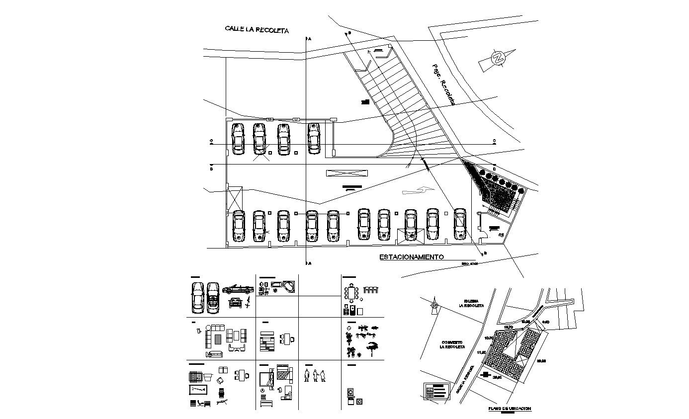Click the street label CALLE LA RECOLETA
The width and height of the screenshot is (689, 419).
(257, 30)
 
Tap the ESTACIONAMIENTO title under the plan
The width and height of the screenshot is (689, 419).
(411, 257)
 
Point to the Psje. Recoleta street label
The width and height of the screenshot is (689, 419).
(443, 84)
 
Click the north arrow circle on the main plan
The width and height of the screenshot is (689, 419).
(497, 58)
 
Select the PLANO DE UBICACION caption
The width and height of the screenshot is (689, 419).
(510, 409)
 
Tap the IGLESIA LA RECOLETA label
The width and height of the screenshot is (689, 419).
(473, 303)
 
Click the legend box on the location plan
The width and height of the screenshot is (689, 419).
(435, 391)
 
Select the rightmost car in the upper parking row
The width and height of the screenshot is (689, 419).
(313, 138)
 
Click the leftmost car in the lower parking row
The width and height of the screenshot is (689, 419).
(239, 226)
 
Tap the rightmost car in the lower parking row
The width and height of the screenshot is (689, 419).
(460, 225)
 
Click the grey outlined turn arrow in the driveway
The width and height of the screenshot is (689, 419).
(417, 190)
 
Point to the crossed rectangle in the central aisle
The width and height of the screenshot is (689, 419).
(347, 172)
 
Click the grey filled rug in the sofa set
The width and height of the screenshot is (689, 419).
(217, 339)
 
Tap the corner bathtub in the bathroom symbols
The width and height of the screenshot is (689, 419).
(289, 286)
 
